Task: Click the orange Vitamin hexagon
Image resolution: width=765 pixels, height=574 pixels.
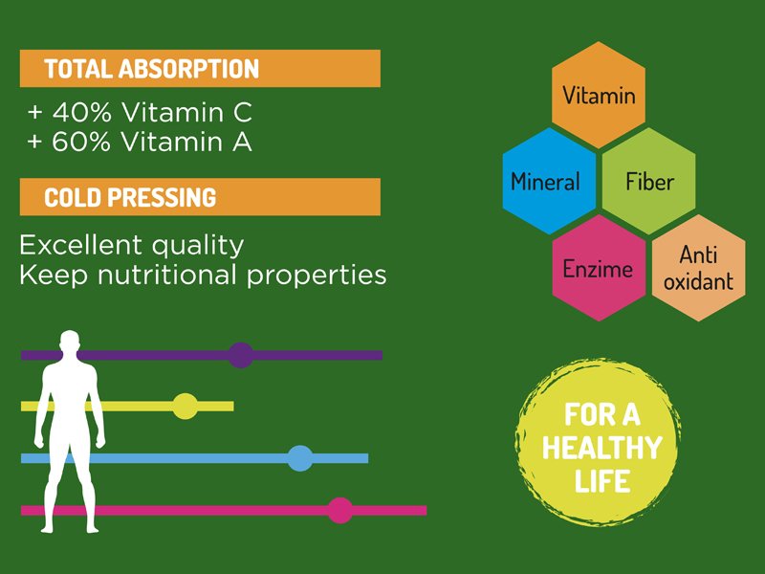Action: point(599,95)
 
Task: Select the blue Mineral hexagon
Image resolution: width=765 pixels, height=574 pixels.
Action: point(549,181)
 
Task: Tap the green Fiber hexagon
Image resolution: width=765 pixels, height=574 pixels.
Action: point(649,181)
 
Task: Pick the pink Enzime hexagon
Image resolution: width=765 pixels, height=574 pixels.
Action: point(599,268)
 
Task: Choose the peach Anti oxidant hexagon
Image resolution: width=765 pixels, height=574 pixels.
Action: point(699,268)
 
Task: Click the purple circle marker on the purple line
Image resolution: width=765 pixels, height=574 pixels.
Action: point(241,355)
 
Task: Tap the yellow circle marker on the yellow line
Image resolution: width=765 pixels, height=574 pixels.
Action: point(186,406)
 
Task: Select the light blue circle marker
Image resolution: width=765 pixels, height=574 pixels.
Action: point(299,458)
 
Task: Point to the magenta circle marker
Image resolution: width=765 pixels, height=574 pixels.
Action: point(340,510)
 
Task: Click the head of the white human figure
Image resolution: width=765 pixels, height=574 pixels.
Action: point(70,342)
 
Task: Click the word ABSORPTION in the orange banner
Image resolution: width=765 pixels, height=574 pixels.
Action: point(188,69)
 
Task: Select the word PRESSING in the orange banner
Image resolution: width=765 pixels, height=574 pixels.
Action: point(162,198)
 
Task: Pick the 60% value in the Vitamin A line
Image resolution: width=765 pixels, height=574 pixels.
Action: point(81,142)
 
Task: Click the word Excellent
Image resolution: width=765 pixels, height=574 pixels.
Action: point(80,245)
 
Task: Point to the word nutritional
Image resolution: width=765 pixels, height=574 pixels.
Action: point(168,275)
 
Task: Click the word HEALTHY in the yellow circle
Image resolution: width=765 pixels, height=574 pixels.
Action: point(602,447)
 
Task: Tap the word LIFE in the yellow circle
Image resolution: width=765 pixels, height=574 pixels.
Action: point(602,481)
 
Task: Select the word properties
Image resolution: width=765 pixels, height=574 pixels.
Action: point(317,276)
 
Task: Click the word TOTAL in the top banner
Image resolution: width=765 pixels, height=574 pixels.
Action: point(78,69)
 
